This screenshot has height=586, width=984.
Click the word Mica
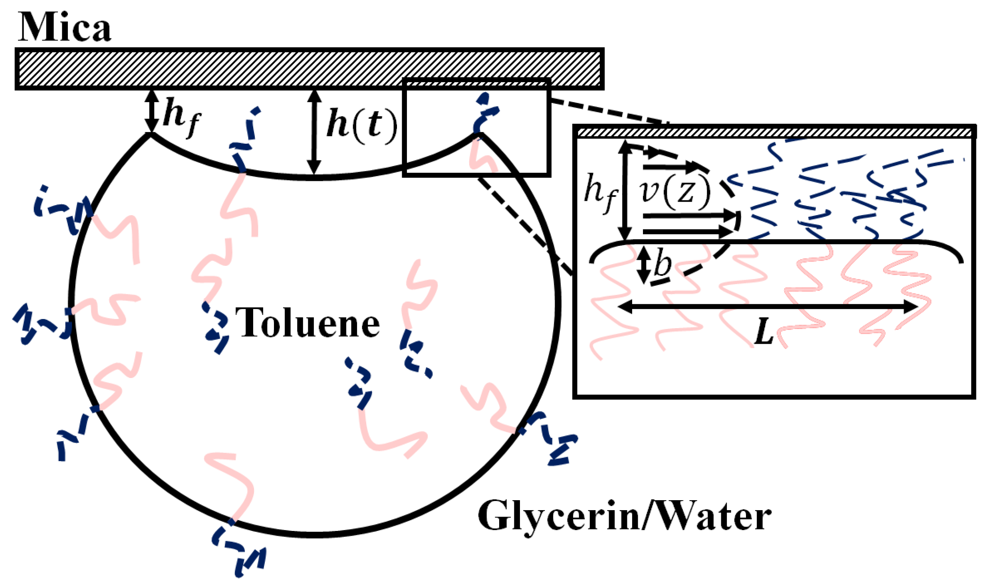(64, 27)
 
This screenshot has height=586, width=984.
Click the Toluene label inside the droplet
(307, 323)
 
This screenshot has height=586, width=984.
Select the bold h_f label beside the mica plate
(182, 116)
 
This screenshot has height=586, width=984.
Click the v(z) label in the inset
(675, 192)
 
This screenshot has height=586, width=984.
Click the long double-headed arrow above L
(767, 307)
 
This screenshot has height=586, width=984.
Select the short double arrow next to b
(643, 265)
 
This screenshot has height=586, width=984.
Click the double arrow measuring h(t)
(314, 132)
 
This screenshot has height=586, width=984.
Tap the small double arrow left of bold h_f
(151, 111)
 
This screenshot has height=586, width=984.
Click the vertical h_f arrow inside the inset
(625, 192)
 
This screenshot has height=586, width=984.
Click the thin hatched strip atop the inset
(775, 132)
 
